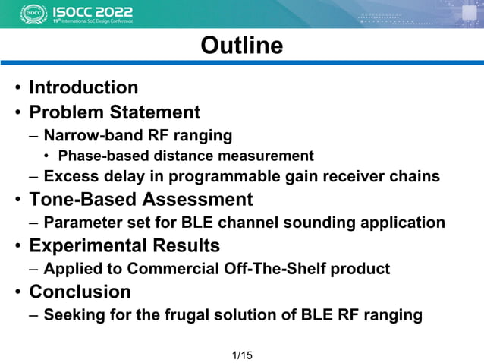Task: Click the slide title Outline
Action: (241, 46)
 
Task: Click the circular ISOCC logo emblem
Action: (33, 14)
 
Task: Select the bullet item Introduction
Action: (83, 88)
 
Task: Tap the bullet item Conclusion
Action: (80, 292)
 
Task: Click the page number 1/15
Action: (242, 355)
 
